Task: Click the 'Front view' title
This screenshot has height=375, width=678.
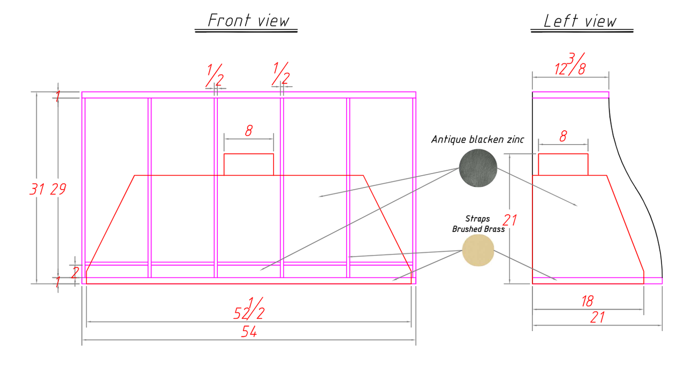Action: coord(248,20)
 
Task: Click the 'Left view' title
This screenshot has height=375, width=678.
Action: coord(580,21)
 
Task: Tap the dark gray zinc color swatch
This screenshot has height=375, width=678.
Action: coord(478,168)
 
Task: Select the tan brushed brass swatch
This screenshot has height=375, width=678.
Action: coord(478,250)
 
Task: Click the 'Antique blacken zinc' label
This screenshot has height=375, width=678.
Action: coord(478,139)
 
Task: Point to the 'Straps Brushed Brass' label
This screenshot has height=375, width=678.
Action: coord(478,224)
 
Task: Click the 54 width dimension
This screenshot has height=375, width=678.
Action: coord(249,332)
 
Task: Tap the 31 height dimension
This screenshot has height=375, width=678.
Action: coord(37,189)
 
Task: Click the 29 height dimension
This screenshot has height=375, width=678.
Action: coord(58,189)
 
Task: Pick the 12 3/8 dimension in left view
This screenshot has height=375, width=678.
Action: coord(570,64)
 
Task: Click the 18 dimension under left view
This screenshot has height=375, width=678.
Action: coord(588,302)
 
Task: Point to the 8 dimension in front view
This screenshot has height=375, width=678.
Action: coord(249,131)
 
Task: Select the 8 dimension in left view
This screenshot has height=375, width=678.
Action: coord(563,136)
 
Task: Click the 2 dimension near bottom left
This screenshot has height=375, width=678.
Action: coord(75,273)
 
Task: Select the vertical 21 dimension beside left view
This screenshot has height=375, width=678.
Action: coord(510,220)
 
